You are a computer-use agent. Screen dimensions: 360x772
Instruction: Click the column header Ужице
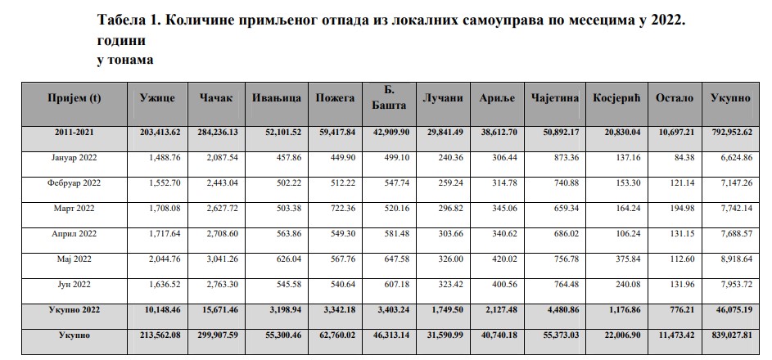click(158, 98)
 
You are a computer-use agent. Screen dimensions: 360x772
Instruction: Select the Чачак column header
click(216, 98)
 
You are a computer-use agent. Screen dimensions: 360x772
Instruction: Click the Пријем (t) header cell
click(74, 98)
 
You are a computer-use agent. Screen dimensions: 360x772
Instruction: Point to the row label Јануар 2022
click(74, 157)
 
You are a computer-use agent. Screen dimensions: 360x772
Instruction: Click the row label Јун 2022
click(74, 284)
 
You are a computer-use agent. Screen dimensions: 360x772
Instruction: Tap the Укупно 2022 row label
click(74, 310)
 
